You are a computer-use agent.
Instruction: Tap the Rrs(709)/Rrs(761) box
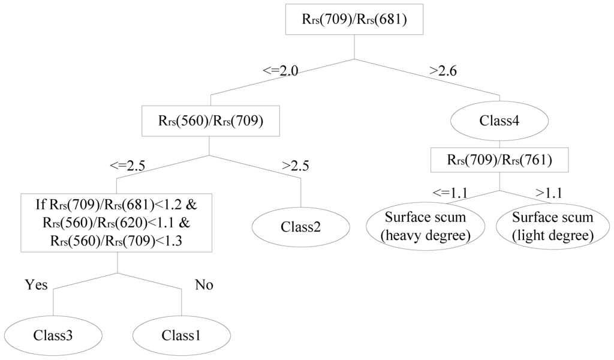click(x=499, y=160)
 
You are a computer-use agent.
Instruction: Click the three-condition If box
click(x=117, y=223)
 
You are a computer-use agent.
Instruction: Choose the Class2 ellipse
click(x=300, y=227)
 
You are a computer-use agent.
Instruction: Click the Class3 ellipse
click(x=53, y=334)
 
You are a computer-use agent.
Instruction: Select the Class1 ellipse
click(x=181, y=334)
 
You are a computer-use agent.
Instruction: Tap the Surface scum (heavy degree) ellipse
click(x=425, y=226)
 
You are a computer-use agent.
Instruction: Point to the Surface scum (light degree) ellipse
click(x=552, y=226)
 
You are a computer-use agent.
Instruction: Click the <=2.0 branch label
click(x=280, y=71)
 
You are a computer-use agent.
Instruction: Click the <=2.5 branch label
click(x=127, y=166)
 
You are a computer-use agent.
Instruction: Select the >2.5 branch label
click(x=295, y=166)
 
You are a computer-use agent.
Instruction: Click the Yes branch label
click(x=35, y=284)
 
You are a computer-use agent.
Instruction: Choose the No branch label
click(x=204, y=284)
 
